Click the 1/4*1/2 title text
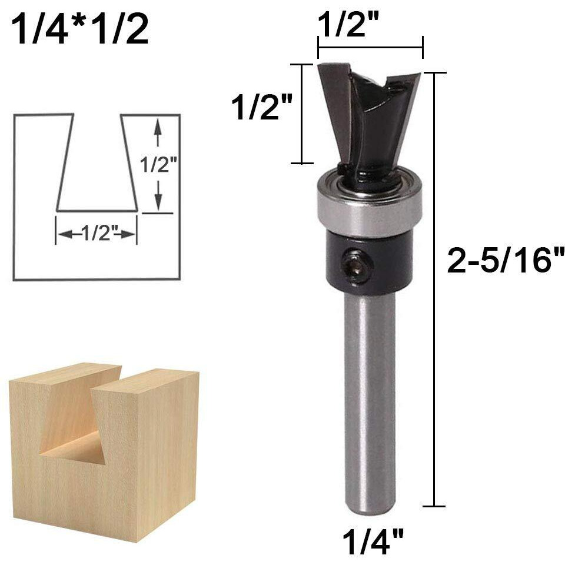[80, 30]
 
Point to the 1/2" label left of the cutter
[262, 107]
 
